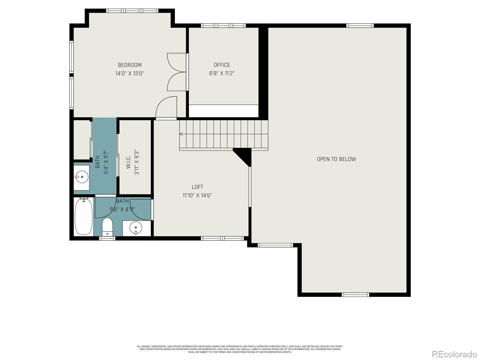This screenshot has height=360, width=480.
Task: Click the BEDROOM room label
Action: (x=130, y=65)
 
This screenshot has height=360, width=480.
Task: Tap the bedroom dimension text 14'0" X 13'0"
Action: (x=130, y=73)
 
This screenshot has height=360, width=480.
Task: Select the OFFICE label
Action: (x=222, y=65)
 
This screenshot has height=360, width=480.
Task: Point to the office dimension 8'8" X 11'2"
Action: (x=222, y=73)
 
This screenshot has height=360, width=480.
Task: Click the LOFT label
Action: (x=197, y=187)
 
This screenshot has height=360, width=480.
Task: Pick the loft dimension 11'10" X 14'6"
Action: (x=197, y=195)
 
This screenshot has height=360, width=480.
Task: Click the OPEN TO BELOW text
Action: (x=336, y=159)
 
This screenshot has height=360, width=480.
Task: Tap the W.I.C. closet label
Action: (x=128, y=162)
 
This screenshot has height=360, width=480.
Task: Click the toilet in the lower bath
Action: (x=107, y=226)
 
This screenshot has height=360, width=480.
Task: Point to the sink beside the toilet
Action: (x=136, y=228)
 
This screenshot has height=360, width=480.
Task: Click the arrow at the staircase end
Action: (x=181, y=134)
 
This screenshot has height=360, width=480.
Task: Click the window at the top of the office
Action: (x=223, y=25)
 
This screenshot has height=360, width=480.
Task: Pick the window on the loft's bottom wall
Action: (x=222, y=238)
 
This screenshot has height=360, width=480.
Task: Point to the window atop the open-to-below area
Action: (x=360, y=25)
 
